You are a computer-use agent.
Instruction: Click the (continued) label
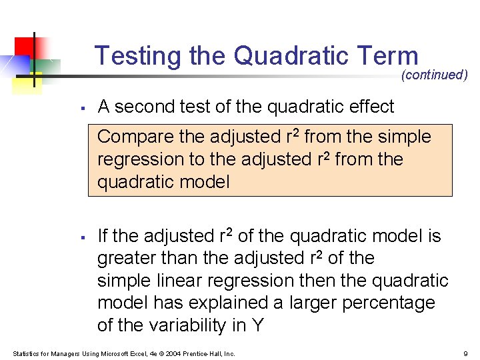(x=434, y=75)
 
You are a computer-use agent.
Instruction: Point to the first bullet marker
(x=80, y=107)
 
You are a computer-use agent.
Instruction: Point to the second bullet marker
(x=80, y=237)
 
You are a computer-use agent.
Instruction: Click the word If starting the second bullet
(x=103, y=236)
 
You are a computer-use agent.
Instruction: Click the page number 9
(x=465, y=353)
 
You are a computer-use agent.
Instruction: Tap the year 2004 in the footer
(x=170, y=353)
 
